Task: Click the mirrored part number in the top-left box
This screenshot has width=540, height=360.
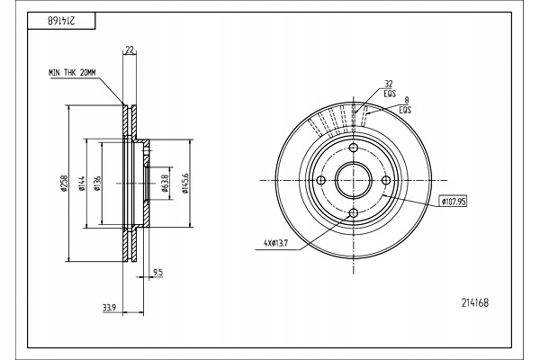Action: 60,21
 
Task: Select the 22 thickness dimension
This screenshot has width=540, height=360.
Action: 129,50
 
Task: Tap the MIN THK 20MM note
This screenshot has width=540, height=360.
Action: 72,73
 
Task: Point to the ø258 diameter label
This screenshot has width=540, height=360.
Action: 64,184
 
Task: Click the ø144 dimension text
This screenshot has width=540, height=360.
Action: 81,184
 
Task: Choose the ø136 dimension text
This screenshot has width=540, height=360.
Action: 97,184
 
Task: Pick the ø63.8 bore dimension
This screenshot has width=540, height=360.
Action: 165,184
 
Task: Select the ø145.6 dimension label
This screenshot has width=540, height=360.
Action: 185,184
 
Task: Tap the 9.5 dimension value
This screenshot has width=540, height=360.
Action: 157,273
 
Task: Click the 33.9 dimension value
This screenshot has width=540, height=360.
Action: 109,308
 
